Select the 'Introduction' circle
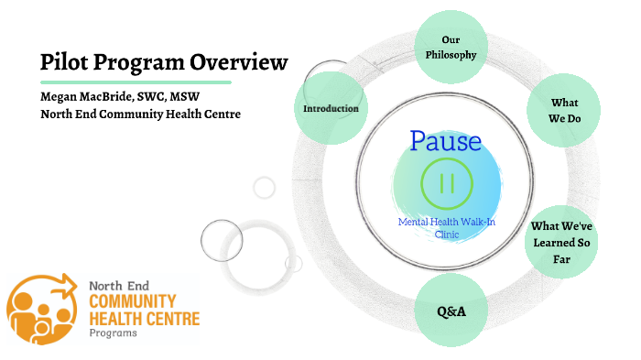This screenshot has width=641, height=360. click(x=331, y=109)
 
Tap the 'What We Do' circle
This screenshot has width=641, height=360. click(x=562, y=110)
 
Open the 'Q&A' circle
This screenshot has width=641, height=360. click(x=451, y=311)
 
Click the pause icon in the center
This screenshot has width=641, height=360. click(x=447, y=182)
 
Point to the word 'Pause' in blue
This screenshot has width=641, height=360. click(x=445, y=141)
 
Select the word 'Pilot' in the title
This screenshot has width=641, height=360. click(x=63, y=61)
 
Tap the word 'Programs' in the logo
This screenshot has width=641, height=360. click(x=113, y=333)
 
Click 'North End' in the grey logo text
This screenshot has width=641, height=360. click(x=118, y=286)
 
